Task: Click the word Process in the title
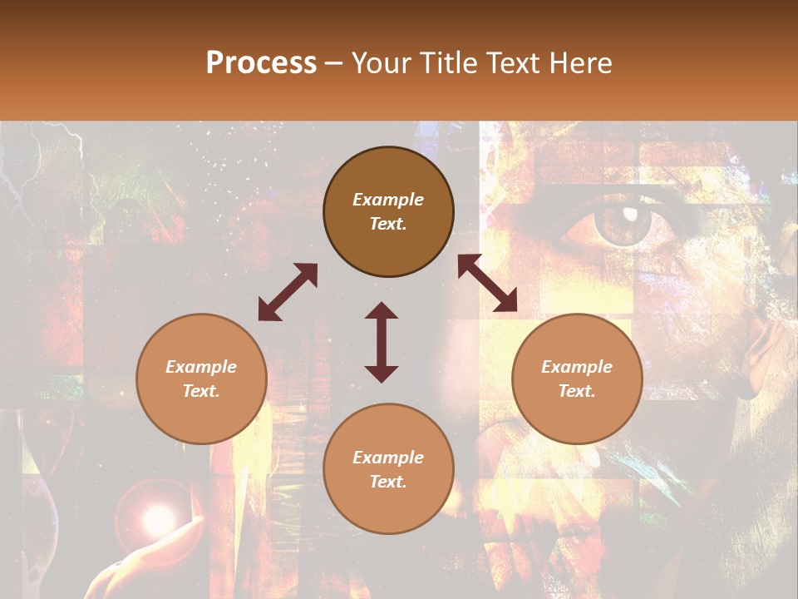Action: tap(261, 63)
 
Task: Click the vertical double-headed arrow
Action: tap(382, 342)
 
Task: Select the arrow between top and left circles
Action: tap(288, 292)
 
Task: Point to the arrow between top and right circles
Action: tap(488, 283)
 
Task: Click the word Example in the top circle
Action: tap(388, 200)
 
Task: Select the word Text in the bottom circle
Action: tap(388, 482)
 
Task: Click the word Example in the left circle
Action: tap(201, 367)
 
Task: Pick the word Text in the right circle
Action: tap(577, 391)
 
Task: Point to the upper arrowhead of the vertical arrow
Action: tap(382, 311)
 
